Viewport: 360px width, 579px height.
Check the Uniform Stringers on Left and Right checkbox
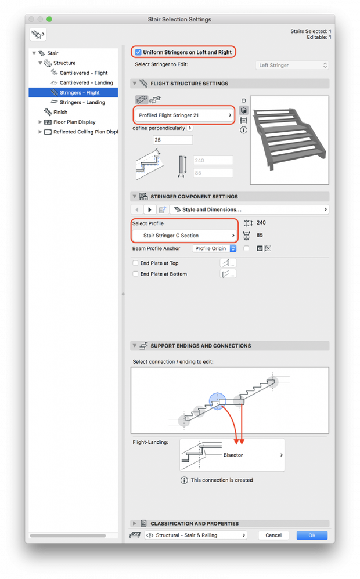pos(138,52)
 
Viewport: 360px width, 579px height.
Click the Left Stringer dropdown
pos(293,66)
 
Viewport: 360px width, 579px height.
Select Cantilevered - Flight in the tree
pos(84,73)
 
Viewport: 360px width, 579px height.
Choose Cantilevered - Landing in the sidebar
pos(86,83)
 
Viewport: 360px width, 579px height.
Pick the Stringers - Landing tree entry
pos(82,103)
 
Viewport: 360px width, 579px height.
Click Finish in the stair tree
pos(60,113)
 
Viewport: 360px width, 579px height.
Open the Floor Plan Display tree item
pos(74,122)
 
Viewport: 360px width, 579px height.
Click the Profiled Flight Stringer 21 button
pos(184,115)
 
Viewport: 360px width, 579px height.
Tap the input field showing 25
pos(172,140)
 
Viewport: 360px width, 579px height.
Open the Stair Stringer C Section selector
pos(184,236)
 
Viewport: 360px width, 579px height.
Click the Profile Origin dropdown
pos(215,248)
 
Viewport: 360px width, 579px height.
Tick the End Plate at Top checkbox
pos(136,263)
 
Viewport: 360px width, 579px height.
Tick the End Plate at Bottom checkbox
pos(136,274)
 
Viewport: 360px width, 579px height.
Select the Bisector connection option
pos(232,455)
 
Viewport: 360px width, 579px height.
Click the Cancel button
pos(273,535)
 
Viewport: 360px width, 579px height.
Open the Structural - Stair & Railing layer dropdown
pos(196,535)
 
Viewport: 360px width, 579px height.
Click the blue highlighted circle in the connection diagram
pos(217,401)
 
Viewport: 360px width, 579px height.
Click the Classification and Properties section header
pos(195,523)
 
